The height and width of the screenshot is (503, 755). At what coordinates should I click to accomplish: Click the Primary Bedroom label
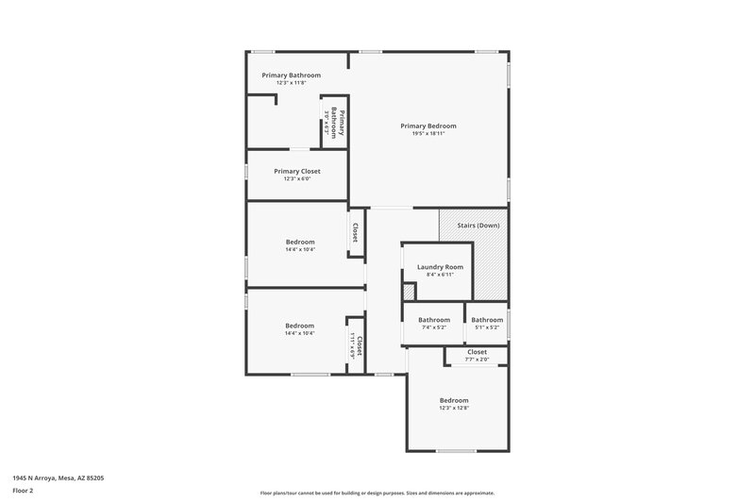428,126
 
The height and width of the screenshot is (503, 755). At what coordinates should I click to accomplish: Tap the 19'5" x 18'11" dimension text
428,134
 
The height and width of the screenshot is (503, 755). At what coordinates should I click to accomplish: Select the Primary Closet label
297,171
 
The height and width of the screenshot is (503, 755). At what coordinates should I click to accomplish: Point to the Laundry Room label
440,267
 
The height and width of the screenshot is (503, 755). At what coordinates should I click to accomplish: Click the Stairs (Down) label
478,226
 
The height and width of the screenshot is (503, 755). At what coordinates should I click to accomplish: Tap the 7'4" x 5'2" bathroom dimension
434,327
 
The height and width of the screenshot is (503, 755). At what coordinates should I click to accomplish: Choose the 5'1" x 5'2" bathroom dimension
487,327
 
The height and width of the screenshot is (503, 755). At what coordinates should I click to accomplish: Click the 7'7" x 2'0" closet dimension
477,359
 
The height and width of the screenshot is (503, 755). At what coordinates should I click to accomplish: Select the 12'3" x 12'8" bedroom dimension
453,408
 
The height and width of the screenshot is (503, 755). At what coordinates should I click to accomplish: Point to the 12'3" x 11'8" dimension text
291,83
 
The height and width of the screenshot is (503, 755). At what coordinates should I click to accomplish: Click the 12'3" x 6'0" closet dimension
297,178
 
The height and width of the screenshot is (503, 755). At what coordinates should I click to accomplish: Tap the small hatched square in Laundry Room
410,293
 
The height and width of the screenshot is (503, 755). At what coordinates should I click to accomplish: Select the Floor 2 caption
24,491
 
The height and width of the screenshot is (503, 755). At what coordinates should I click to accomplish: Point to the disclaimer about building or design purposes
377,493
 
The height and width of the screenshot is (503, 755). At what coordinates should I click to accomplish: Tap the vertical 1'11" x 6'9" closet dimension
352,347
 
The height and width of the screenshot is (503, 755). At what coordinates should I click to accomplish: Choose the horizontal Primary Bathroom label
291,75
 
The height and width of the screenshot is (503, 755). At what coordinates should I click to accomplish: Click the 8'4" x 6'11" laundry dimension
440,275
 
